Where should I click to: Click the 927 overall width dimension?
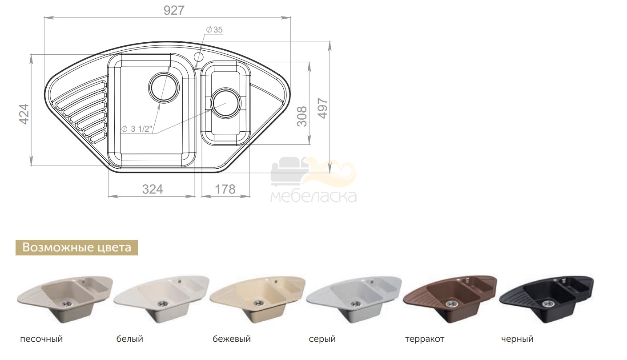pyautogui.click(x=174, y=11)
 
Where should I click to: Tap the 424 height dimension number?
pyautogui.click(x=24, y=114)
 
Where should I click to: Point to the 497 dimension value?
pyautogui.click(x=323, y=109)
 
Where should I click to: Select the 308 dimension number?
pyautogui.click(x=302, y=117)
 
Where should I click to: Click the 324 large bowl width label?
pyautogui.click(x=152, y=190)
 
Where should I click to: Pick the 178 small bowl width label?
pyautogui.click(x=225, y=190)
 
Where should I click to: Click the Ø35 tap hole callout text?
pyautogui.click(x=214, y=30)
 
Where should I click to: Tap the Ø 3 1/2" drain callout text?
pyautogui.click(x=137, y=129)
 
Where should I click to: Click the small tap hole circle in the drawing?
pyautogui.click(x=198, y=57)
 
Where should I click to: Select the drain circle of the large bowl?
pyautogui.click(x=164, y=88)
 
